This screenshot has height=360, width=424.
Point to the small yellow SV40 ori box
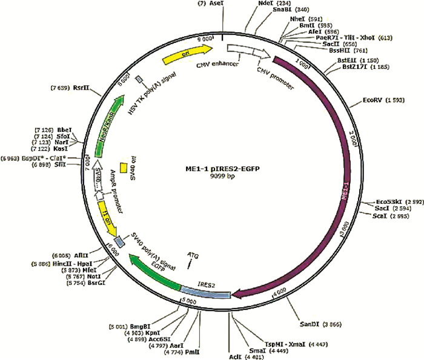[x=123, y=167]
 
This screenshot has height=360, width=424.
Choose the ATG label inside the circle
[x=193, y=255]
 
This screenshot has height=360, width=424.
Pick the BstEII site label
[x=347, y=61]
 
